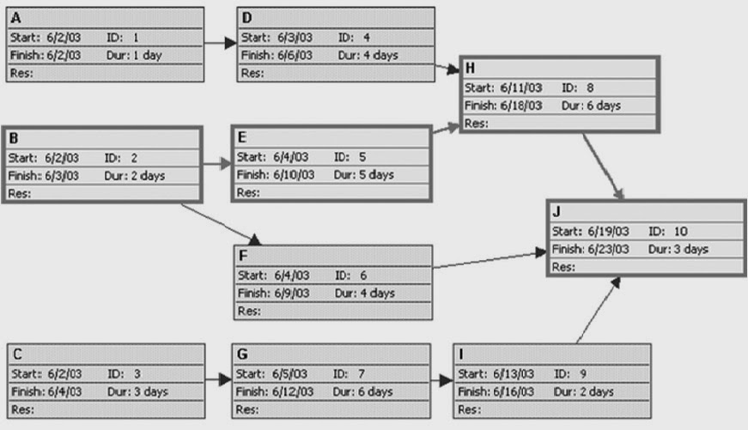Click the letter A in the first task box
click(15, 16)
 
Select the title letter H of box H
click(469, 68)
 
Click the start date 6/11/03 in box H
click(520, 88)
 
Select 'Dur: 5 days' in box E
click(365, 175)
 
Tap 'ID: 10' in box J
click(668, 231)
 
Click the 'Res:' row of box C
click(21, 409)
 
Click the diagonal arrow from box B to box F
click(219, 221)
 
